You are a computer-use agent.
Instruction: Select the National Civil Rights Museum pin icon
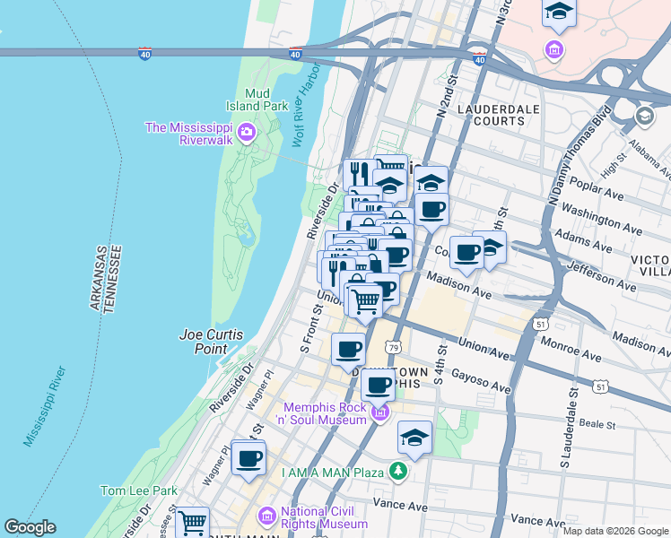point(267,517)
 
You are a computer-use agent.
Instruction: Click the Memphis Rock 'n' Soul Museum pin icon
point(380,412)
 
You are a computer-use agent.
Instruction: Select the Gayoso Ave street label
point(482,381)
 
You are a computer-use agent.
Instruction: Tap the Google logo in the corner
point(30,527)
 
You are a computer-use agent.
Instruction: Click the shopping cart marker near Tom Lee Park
point(192,522)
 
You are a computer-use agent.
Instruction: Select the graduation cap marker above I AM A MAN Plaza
point(414,438)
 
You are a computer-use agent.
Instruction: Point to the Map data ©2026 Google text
point(614,531)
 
